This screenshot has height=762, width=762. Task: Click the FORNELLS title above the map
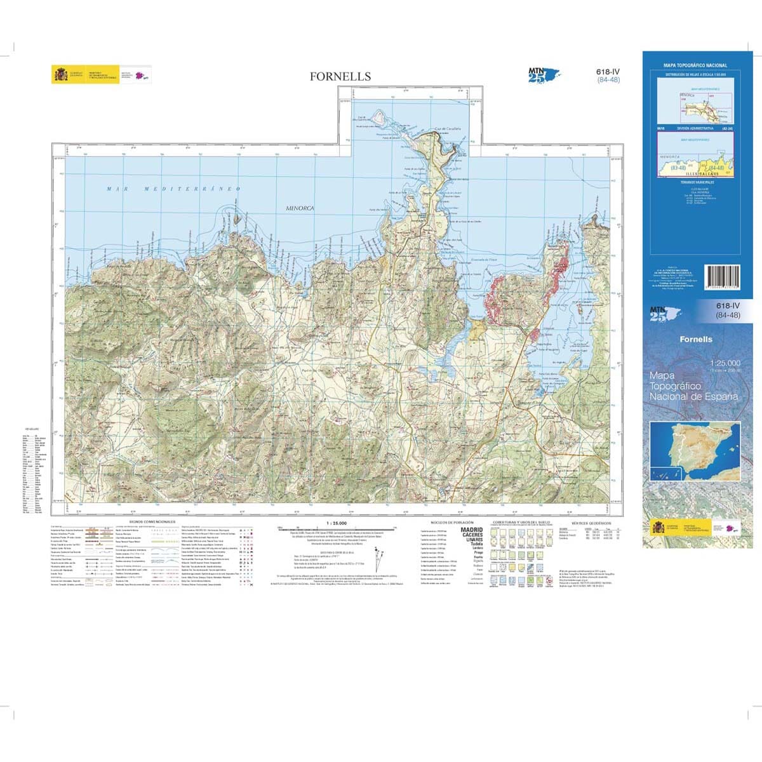click(340, 76)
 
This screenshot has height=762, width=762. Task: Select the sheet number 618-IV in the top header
click(608, 72)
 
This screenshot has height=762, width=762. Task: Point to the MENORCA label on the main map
click(300, 208)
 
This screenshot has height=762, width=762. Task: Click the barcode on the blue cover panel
click(723, 280)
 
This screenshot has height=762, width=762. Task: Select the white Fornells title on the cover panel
click(696, 340)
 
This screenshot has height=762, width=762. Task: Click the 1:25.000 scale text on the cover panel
click(725, 363)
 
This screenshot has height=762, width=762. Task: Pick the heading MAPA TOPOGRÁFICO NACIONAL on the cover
click(695, 65)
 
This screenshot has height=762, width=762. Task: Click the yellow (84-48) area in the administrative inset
click(715, 168)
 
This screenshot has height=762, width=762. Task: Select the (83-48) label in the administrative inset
click(678, 168)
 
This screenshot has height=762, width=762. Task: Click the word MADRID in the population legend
click(471, 529)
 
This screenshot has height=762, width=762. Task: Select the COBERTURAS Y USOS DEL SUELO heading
click(521, 522)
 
